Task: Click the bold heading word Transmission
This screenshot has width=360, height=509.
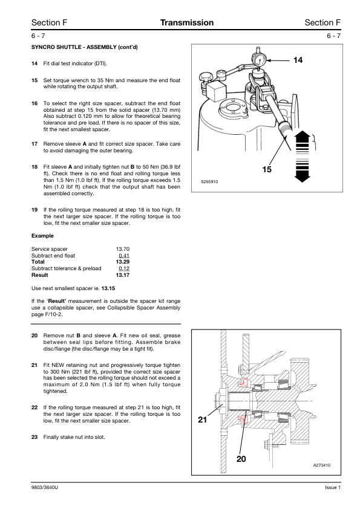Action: pos(187,23)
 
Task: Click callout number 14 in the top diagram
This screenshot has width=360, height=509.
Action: pos(298,60)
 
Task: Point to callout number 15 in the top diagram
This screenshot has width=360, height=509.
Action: pos(267,169)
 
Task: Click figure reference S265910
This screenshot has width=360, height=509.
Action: pos(209,182)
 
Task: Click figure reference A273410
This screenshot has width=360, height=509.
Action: pos(322,465)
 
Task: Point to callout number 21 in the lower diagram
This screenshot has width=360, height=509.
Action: pos(203,420)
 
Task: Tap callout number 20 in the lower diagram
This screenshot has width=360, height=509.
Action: pos(241,459)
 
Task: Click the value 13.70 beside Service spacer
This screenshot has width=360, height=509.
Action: pos(122,249)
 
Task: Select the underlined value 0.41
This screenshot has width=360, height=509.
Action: pos(124,256)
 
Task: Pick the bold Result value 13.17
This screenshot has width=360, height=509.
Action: pos(122,275)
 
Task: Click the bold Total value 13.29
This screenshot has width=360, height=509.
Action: pos(122,262)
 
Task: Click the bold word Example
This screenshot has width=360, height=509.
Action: pos(42,236)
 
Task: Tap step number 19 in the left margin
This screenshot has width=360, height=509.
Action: pos(34,210)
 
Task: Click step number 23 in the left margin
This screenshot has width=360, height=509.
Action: pos(34,437)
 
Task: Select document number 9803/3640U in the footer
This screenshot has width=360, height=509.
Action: pos(45,487)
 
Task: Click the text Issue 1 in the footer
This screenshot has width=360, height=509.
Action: pos(333,487)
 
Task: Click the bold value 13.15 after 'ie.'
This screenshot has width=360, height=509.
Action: pos(108,288)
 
